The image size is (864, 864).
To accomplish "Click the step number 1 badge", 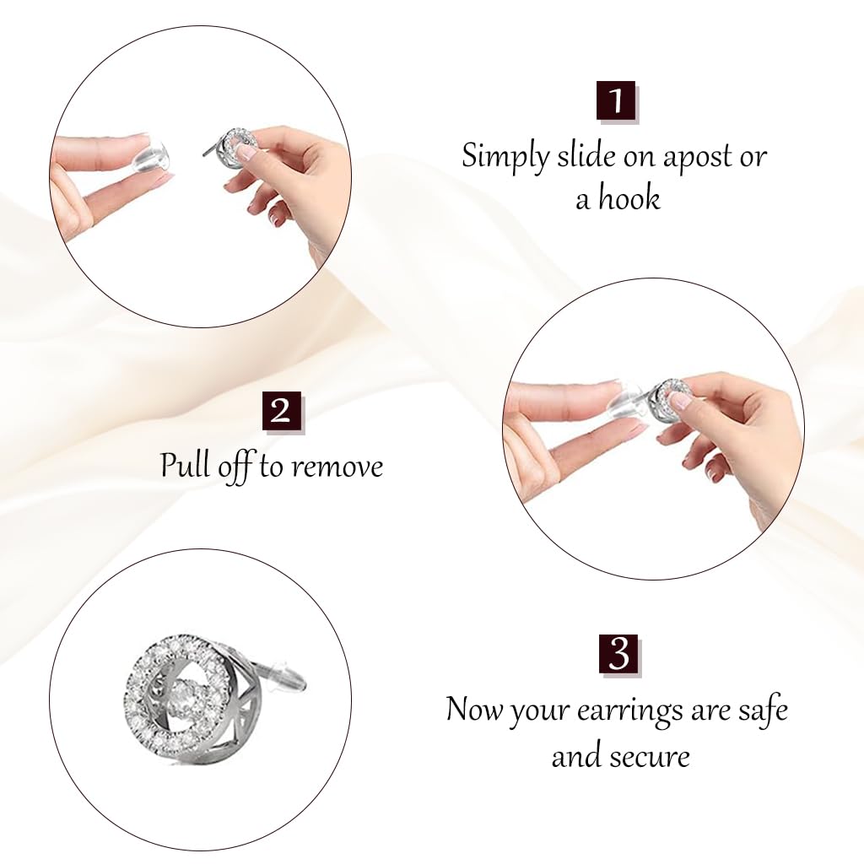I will [x=616, y=101].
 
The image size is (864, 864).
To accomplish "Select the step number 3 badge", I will [x=619, y=655].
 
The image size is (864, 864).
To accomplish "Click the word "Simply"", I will [x=504, y=158].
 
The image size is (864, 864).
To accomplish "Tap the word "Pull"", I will [x=186, y=466].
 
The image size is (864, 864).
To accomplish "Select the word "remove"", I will [x=339, y=467].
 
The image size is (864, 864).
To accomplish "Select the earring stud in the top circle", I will [x=238, y=148].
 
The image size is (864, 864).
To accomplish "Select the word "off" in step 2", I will [x=236, y=467].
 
